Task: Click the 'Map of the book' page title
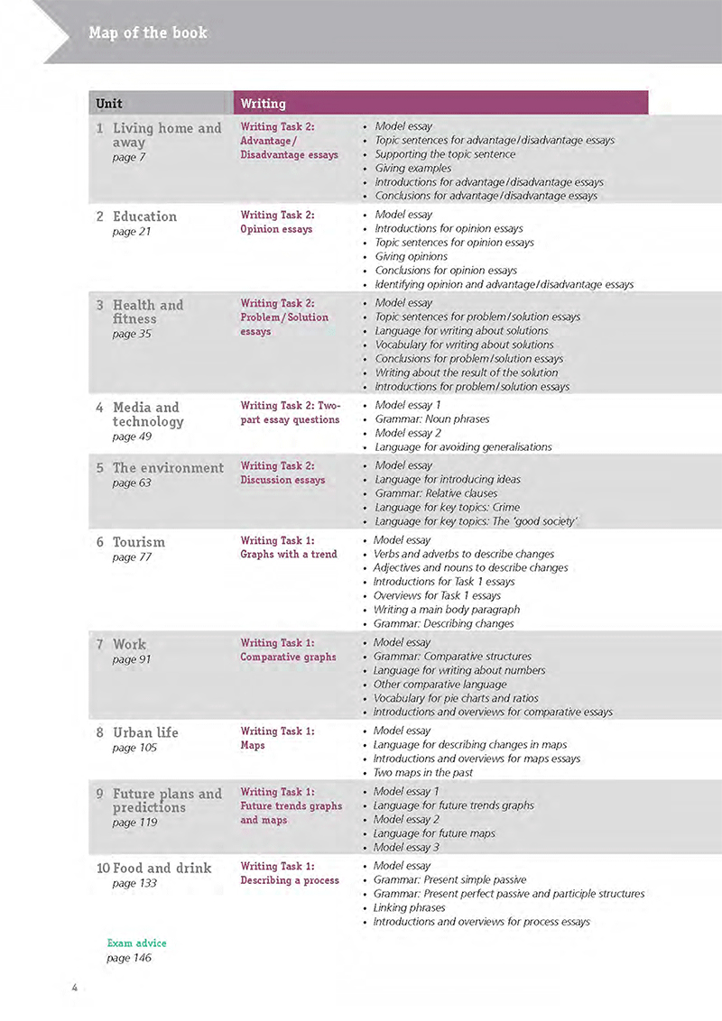[148, 33]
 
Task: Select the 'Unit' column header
[109, 104]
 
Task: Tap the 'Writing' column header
[264, 104]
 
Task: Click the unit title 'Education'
[144, 216]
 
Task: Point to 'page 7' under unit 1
[129, 158]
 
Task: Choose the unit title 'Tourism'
[139, 542]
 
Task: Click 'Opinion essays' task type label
[276, 229]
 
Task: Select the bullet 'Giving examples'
[412, 168]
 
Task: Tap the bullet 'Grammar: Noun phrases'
[431, 419]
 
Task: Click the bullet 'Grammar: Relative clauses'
[440, 493]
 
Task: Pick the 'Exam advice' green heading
[136, 943]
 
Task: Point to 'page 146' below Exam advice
[129, 958]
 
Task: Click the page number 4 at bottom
[75, 988]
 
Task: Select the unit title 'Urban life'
[145, 732]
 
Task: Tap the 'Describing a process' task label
[290, 880]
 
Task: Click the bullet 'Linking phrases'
[410, 907]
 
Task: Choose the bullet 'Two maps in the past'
[423, 772]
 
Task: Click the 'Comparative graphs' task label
[288, 657]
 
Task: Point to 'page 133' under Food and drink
[134, 883]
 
